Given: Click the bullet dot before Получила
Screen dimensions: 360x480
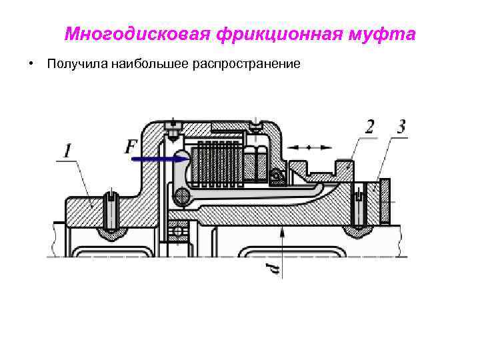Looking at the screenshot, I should tap(31, 65).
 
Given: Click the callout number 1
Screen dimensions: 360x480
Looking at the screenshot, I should tap(68, 152).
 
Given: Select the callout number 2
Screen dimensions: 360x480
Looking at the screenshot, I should tap(370, 127).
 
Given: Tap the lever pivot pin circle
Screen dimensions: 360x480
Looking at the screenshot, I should tap(179, 195).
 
